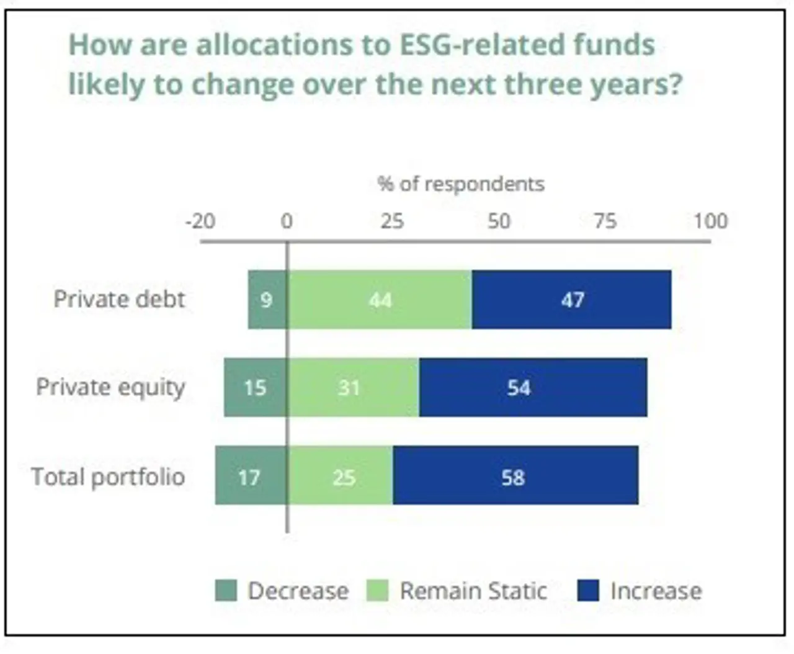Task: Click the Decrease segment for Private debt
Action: point(267,300)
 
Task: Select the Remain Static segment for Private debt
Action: point(380,300)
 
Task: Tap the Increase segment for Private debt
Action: point(571,300)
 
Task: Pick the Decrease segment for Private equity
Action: point(256,388)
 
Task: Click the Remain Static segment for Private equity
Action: point(353,388)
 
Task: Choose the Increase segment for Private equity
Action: point(533,388)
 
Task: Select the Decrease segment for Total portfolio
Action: point(251,476)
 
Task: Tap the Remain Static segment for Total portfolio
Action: point(340,476)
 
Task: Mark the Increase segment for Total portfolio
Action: point(515,476)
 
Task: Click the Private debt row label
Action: point(119,299)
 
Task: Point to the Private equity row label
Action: point(110,387)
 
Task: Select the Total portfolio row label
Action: point(108,477)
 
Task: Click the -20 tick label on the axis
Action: point(200,221)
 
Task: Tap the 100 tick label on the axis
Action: point(710,221)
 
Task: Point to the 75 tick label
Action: point(605,221)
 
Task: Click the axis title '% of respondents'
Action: point(461,184)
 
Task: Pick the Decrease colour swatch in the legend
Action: point(226,590)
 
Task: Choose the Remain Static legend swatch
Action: point(377,590)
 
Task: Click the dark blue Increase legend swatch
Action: point(588,590)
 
